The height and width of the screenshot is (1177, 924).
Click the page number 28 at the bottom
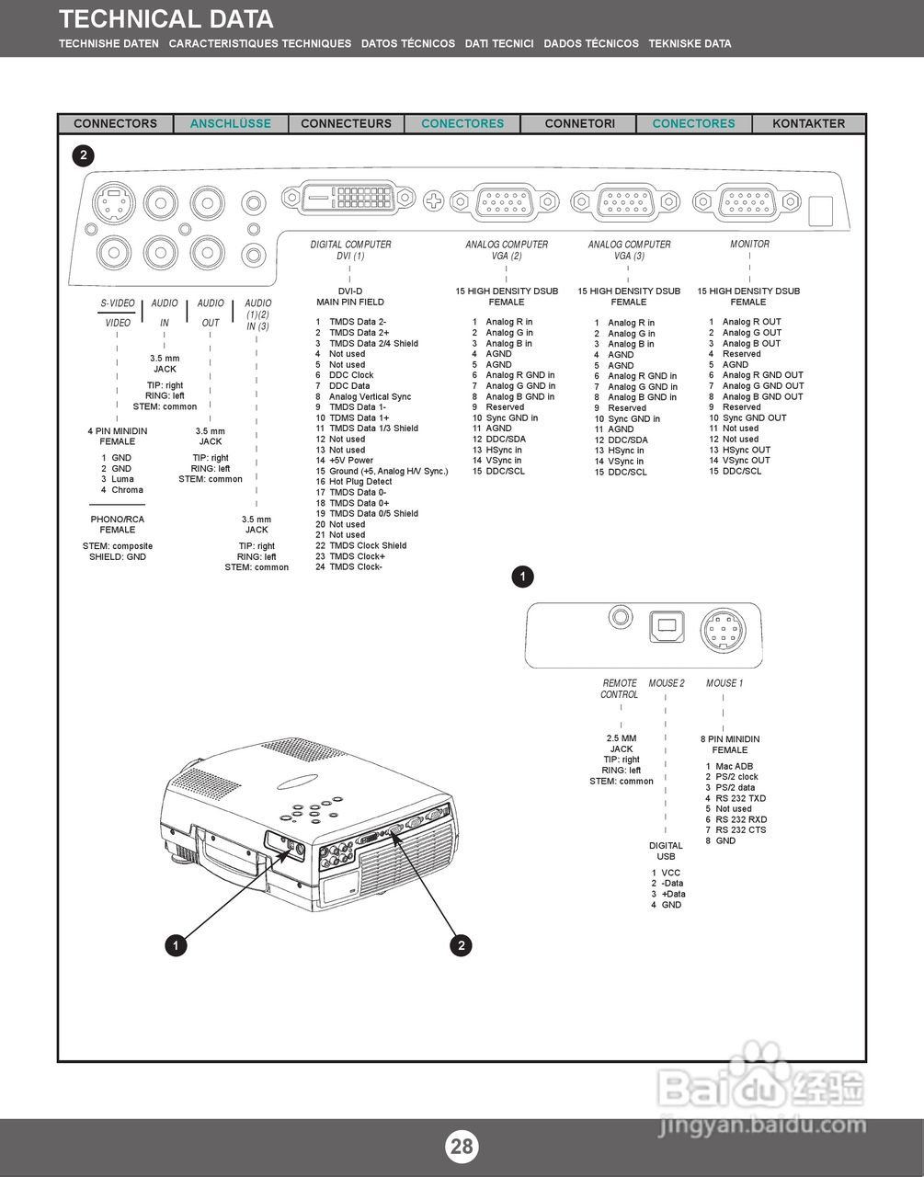462,1146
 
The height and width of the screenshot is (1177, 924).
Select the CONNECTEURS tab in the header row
346,123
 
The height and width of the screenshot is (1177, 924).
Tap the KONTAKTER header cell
808,123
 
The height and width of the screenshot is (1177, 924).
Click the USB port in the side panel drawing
667,625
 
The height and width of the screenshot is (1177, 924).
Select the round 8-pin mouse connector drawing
723,632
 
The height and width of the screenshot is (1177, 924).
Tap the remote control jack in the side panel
622,618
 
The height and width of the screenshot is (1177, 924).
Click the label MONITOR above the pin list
749,245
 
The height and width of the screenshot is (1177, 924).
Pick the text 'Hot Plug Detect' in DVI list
360,482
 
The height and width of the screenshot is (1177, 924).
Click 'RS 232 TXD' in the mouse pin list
740,798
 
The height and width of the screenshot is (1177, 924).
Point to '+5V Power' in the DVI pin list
351,461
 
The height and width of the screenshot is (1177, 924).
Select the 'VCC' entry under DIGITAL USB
670,873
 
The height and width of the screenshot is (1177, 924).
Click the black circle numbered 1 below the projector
176,944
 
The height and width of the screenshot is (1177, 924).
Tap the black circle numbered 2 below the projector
462,944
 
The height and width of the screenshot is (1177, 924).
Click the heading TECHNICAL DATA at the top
166,19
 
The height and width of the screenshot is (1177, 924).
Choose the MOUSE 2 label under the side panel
667,683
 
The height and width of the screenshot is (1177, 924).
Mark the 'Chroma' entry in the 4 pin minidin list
128,490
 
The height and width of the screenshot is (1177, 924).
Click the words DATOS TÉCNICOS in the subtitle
407,43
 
